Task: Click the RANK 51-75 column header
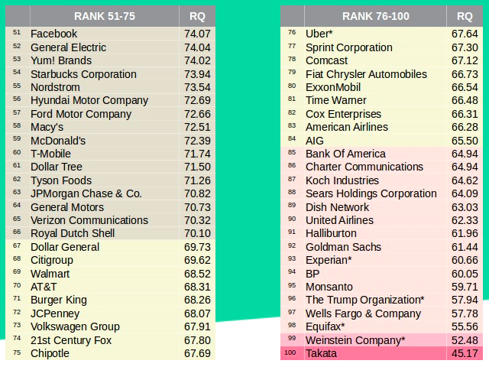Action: pyautogui.click(x=105, y=15)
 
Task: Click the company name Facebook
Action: pyautogui.click(x=54, y=34)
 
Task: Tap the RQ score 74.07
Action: pyautogui.click(x=197, y=34)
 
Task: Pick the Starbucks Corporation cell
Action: pyautogui.click(x=83, y=74)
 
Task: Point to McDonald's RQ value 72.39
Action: pyautogui.click(x=197, y=141)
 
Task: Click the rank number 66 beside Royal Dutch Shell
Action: pyautogui.click(x=18, y=233)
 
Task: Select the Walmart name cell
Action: pyautogui.click(x=50, y=274)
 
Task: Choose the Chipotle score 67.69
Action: pyautogui.click(x=197, y=353)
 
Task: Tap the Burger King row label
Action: pyautogui.click(x=59, y=300)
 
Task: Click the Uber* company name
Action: pyautogui.click(x=319, y=34)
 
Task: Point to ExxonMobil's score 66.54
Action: pyautogui.click(x=465, y=87)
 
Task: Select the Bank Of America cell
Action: pyautogui.click(x=345, y=154)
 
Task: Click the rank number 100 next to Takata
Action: pyautogui.click(x=290, y=353)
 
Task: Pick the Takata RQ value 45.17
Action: pyautogui.click(x=465, y=353)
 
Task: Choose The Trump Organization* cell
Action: pyautogui.click(x=364, y=300)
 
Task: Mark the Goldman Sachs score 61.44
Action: pyautogui.click(x=465, y=247)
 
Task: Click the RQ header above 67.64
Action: pyautogui.click(x=465, y=15)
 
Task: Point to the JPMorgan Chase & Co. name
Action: pyautogui.click(x=86, y=193)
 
